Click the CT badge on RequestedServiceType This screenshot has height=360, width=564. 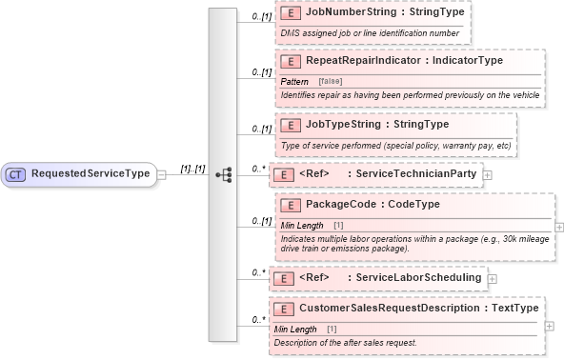(x=17, y=174)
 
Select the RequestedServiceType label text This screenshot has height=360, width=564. (x=91, y=174)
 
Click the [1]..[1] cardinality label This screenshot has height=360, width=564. (x=193, y=169)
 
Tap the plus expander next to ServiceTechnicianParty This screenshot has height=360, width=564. (x=488, y=174)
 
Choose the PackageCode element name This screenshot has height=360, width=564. (x=344, y=205)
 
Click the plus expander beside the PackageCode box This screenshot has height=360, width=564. (x=558, y=227)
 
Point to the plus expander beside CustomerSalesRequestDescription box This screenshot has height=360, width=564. (x=550, y=325)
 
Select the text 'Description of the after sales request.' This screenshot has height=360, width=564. (x=345, y=342)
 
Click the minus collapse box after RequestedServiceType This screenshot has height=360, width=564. (x=162, y=174)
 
